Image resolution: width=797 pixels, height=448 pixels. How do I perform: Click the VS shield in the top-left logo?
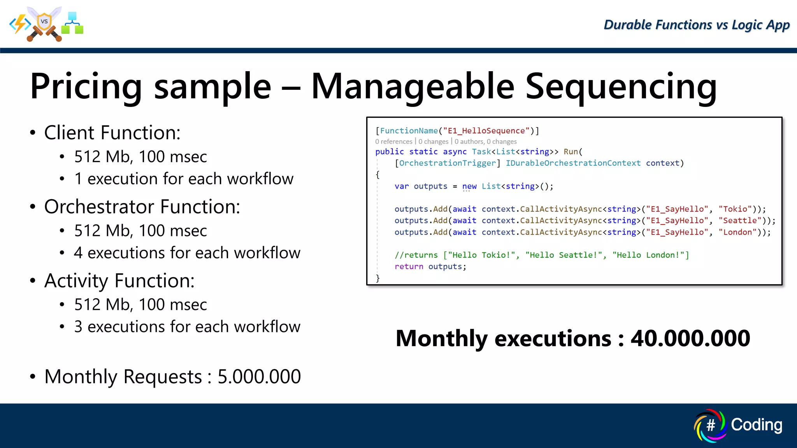coord(44,22)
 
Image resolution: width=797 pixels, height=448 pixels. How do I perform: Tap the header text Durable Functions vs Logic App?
coord(696,25)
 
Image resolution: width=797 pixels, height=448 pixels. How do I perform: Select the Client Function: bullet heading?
coord(112,133)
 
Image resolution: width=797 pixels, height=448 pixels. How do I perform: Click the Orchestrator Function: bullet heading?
coord(142,206)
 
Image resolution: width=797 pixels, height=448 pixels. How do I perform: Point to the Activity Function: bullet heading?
coord(119,280)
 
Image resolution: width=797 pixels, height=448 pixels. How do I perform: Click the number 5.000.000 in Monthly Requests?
coord(259,376)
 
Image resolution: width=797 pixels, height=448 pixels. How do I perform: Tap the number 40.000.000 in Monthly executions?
coord(690,338)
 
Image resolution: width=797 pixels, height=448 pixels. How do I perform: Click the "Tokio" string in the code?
coord(735,209)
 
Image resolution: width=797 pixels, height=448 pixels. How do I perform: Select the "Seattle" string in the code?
coord(740,220)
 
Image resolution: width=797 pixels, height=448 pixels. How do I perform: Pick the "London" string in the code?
coord(737,232)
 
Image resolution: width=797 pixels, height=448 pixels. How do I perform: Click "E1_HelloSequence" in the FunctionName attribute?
coord(486,131)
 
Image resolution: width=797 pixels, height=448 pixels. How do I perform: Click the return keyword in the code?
coord(409,266)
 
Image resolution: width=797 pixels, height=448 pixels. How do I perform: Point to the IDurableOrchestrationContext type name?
coord(573,163)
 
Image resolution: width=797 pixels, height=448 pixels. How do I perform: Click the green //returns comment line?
coord(541,255)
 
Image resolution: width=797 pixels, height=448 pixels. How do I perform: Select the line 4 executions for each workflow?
coord(187,253)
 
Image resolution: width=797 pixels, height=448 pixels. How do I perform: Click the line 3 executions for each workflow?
coord(187,327)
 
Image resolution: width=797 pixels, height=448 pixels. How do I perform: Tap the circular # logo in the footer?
coord(710,425)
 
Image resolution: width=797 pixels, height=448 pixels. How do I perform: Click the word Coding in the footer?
coord(756,425)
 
